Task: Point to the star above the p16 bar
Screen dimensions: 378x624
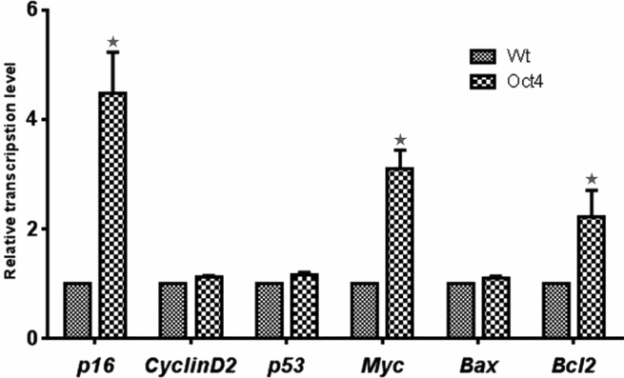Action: point(113,42)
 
